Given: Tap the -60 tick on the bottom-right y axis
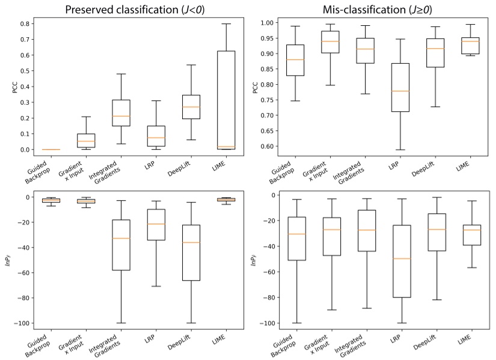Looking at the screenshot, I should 267,272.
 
